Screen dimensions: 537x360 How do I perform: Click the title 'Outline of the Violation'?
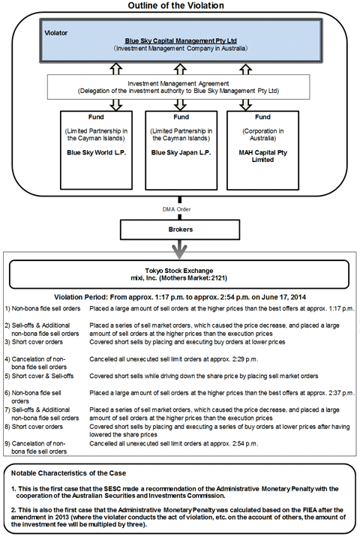pos(180,6)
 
